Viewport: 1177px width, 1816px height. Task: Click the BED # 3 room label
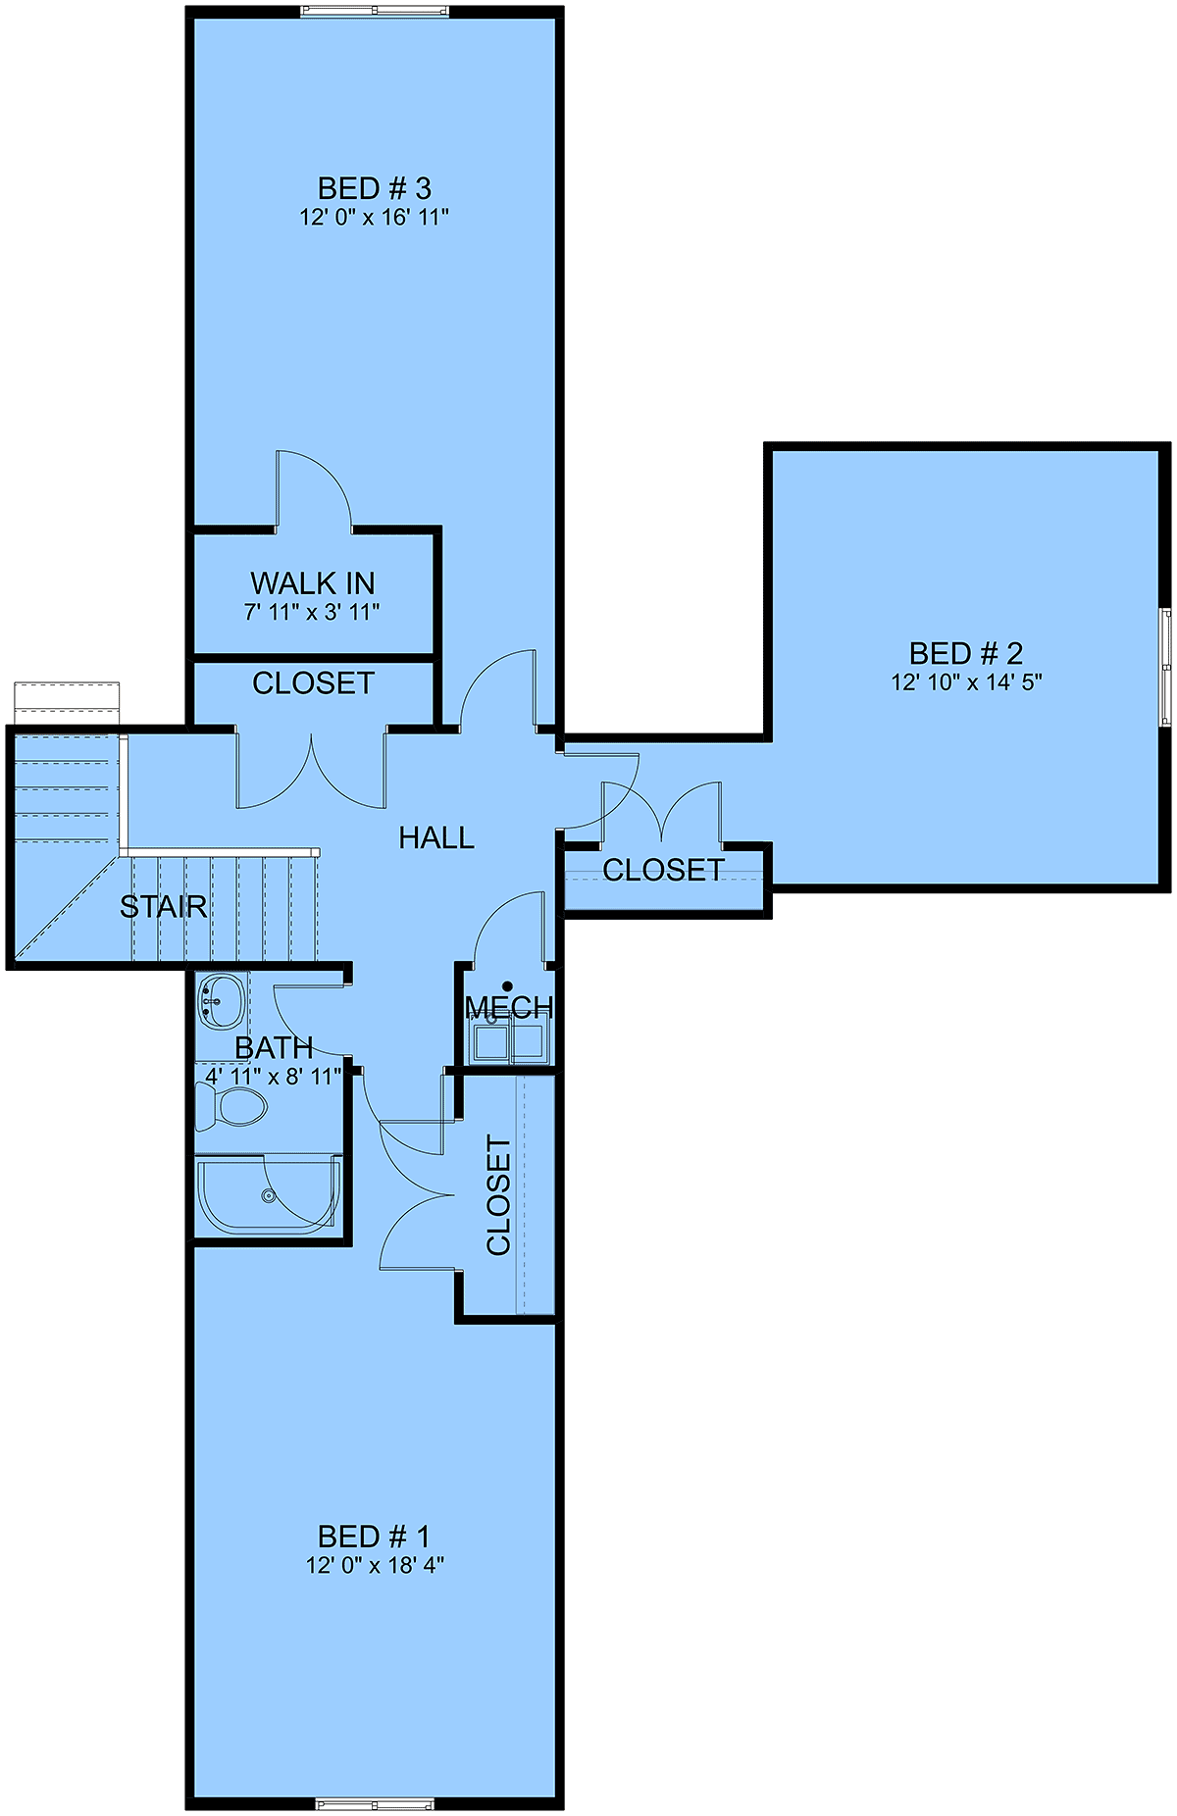[x=374, y=188]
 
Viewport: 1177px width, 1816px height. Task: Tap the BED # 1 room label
[x=374, y=1536]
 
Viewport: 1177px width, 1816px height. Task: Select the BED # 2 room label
[x=966, y=653]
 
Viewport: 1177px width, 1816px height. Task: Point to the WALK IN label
[x=313, y=583]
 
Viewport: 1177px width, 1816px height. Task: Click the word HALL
[x=436, y=837]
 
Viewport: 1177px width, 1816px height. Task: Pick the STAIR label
[x=164, y=907]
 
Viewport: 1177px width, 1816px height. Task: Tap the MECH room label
[x=509, y=1007]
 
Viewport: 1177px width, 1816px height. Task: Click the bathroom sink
[x=222, y=999]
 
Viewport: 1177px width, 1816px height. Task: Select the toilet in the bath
[x=230, y=1108]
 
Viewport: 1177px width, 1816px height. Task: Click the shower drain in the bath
[x=268, y=1195]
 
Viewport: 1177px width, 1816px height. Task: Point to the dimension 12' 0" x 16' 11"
[x=375, y=217]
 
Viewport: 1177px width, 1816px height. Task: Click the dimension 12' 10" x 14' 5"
[x=966, y=681]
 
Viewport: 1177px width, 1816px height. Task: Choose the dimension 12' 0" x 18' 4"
[x=375, y=1564]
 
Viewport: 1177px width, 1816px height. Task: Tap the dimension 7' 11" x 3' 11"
[x=312, y=612]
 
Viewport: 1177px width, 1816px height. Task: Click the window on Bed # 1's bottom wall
[x=375, y=1803]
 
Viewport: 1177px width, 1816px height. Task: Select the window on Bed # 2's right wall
[x=1165, y=667]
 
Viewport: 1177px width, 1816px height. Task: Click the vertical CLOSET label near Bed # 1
[x=499, y=1195]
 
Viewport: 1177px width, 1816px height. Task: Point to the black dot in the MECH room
[x=507, y=986]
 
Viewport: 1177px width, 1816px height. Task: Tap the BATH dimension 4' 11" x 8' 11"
[x=274, y=1076]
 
